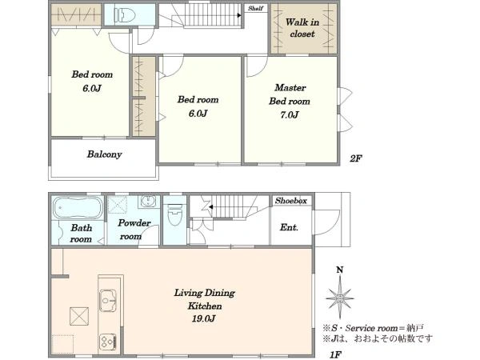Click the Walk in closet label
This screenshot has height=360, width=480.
click(x=302, y=28)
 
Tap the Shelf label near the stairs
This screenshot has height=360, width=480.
click(x=256, y=8)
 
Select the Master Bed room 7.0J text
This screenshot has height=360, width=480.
click(x=290, y=102)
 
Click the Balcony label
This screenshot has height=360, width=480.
click(x=104, y=154)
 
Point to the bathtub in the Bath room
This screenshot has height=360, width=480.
click(x=78, y=208)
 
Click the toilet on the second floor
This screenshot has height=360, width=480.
click(x=125, y=14)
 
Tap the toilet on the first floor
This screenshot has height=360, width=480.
click(x=175, y=214)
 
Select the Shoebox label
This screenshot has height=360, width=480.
click(x=291, y=201)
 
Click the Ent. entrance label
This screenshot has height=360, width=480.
click(x=289, y=227)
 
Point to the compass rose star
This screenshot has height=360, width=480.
click(x=340, y=298)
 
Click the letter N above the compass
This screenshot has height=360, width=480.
click(x=340, y=270)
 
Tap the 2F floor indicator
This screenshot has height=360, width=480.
click(x=356, y=158)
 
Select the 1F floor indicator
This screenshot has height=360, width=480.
click(x=335, y=354)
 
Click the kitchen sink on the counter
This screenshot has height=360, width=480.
click(x=108, y=300)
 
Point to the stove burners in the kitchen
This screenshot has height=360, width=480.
click(x=108, y=342)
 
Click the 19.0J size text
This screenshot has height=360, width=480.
click(x=203, y=318)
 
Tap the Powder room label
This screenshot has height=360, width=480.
click(x=134, y=230)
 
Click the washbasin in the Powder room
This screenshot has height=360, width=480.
click(x=149, y=202)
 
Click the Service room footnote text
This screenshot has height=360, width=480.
click(x=374, y=328)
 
